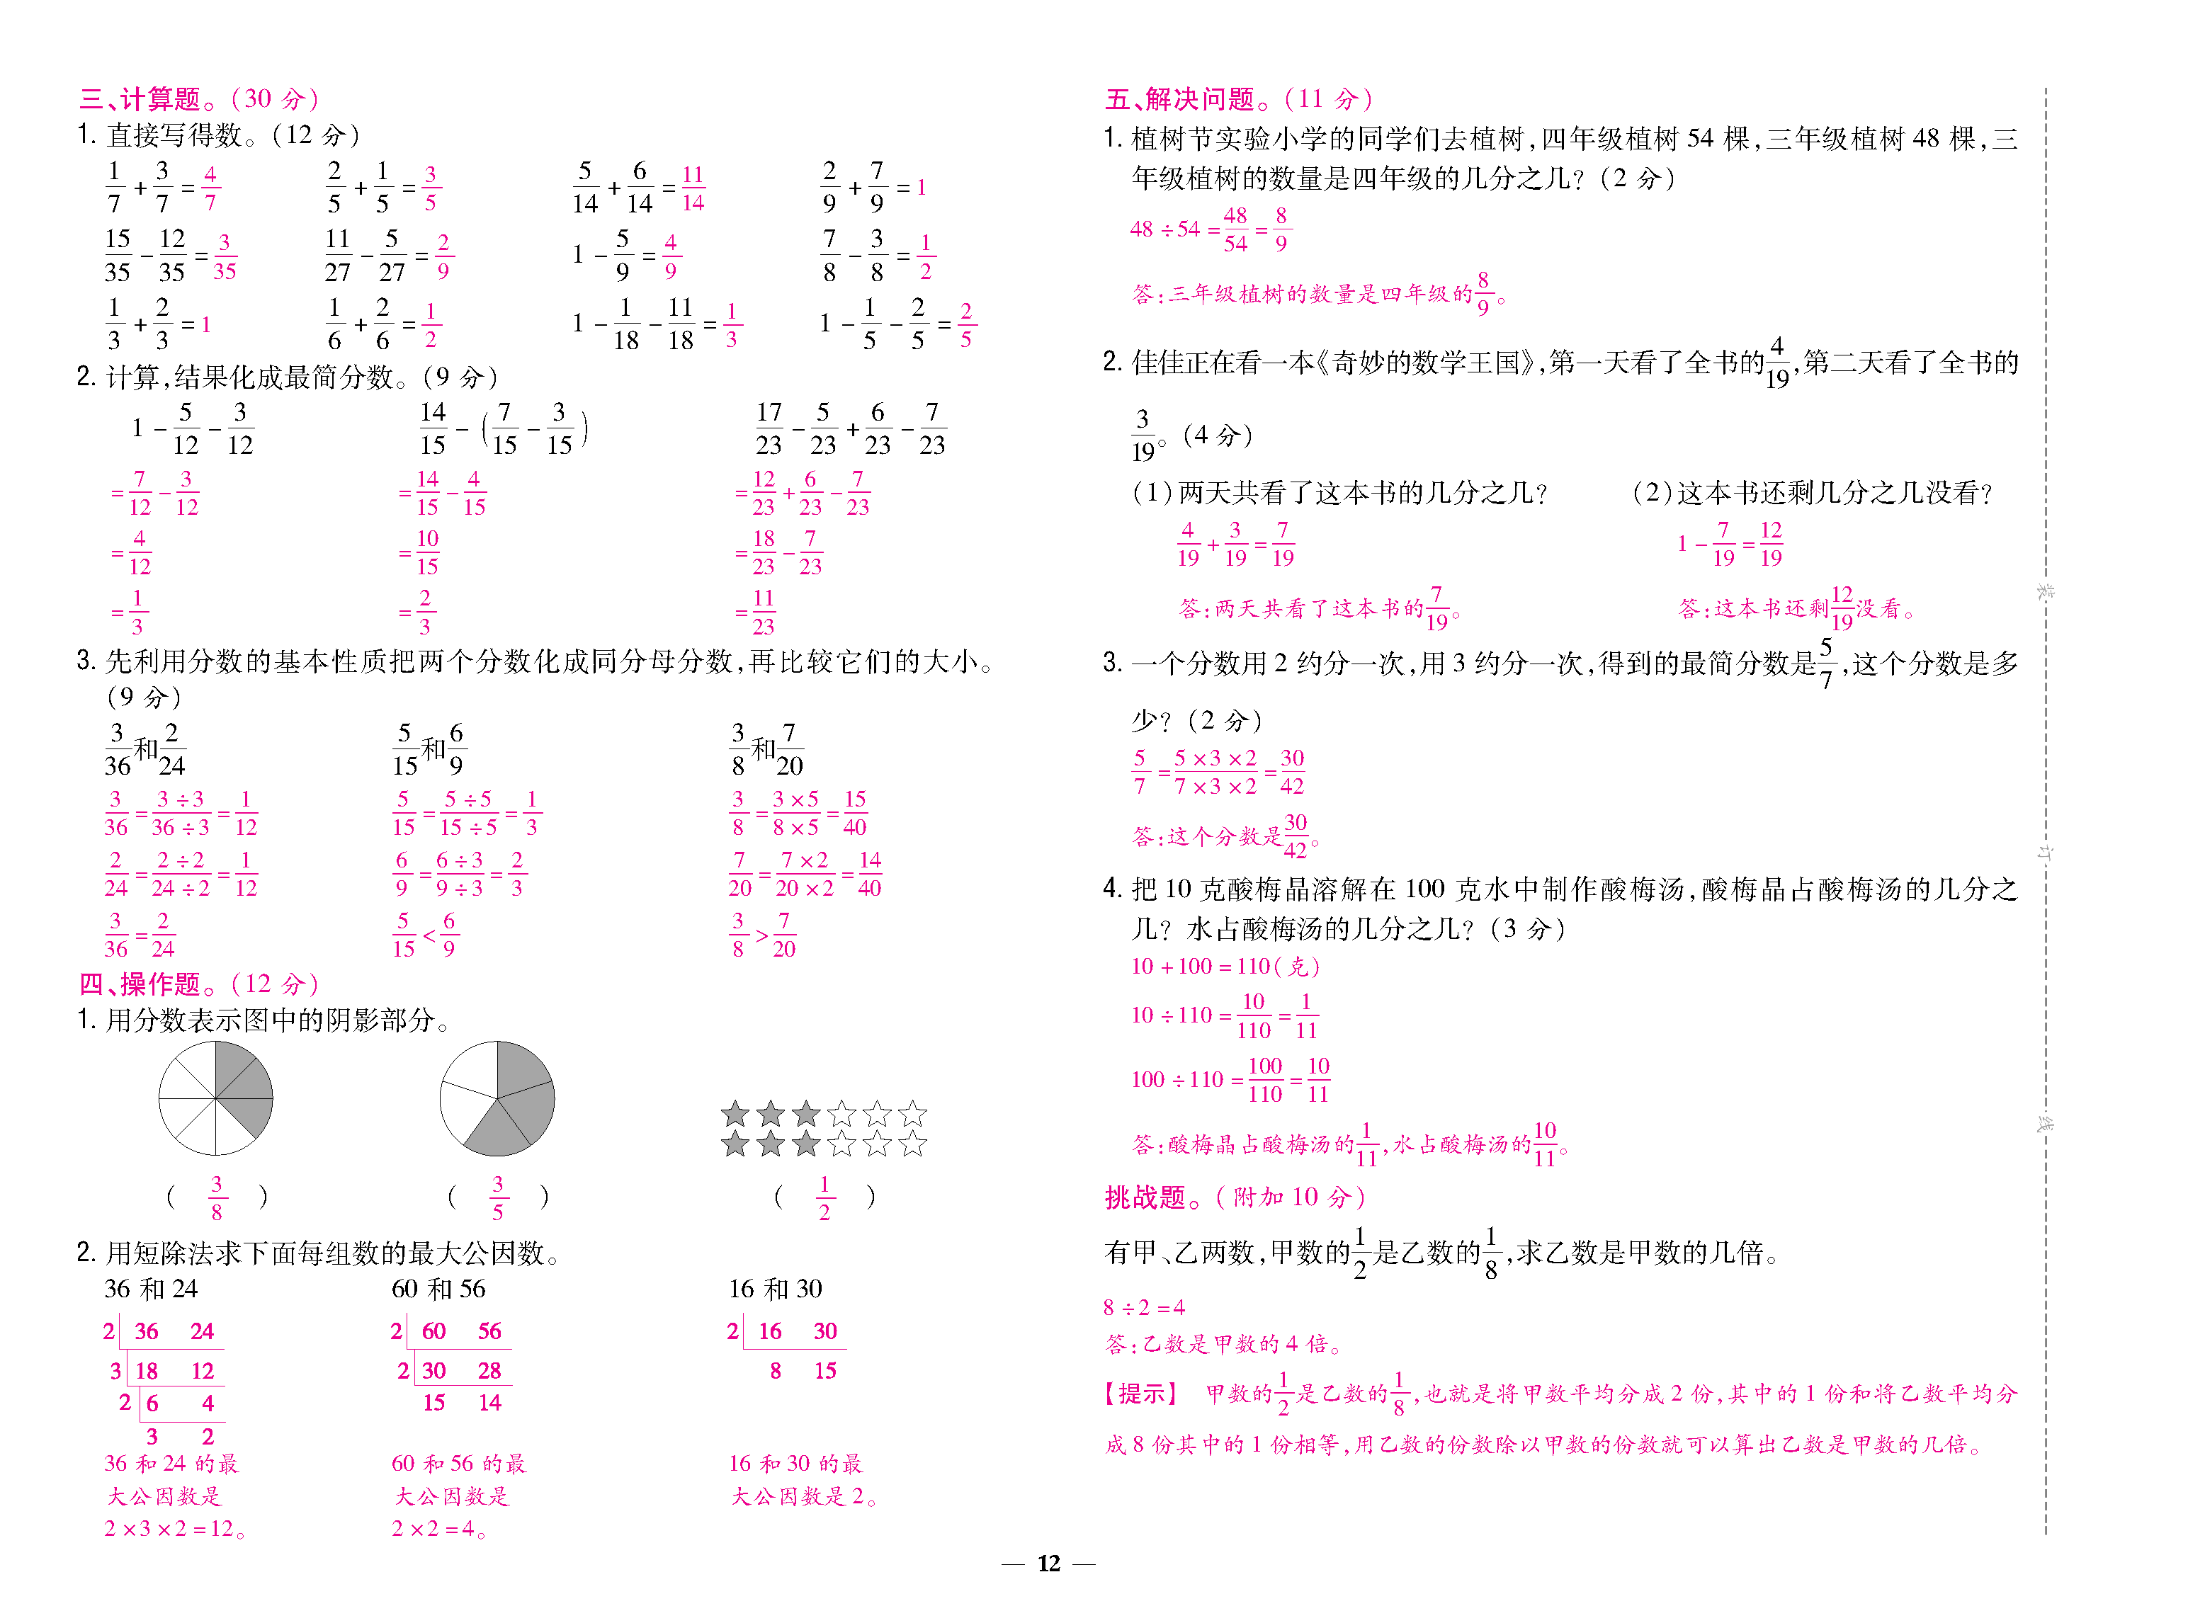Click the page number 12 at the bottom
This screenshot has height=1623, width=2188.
(x=1048, y=1563)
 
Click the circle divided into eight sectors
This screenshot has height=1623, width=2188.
(x=215, y=1098)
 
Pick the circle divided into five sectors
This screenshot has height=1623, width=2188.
(x=497, y=1098)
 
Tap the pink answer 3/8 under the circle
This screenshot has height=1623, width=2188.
(x=216, y=1197)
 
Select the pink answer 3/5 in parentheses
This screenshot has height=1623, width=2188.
(x=497, y=1197)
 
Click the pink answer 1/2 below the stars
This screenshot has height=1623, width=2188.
(x=824, y=1197)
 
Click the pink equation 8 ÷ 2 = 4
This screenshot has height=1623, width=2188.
(x=1144, y=1308)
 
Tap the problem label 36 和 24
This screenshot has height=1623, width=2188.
(x=152, y=1289)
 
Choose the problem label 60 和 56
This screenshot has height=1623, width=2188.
(x=438, y=1289)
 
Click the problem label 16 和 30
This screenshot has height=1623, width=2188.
(x=775, y=1289)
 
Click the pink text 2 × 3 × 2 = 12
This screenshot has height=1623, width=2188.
(x=174, y=1529)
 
